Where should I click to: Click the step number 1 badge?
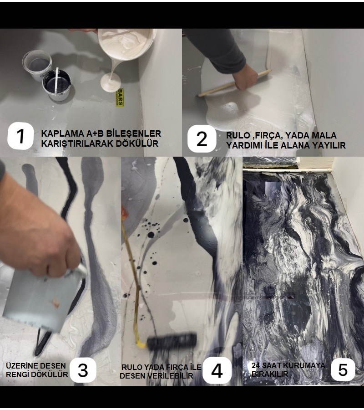click(20, 136)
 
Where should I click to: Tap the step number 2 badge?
click(202, 138)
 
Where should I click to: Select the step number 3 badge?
click(83, 370)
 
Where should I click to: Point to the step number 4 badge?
click(217, 371)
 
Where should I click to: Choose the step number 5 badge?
click(343, 370)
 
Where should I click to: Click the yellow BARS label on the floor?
click(119, 98)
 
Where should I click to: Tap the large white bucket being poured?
click(127, 43)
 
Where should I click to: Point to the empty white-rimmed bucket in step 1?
click(37, 64)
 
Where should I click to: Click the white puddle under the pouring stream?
click(111, 82)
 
